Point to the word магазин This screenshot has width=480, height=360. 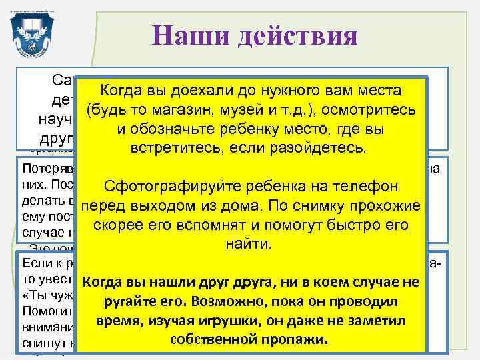pos(175,109)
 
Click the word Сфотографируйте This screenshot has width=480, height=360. pos(167,186)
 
